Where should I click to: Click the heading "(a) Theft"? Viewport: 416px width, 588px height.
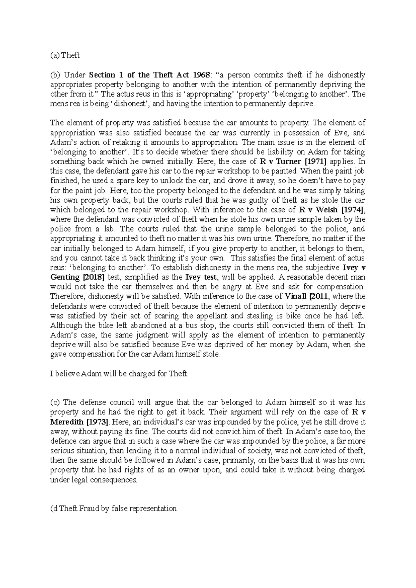click(x=65, y=55)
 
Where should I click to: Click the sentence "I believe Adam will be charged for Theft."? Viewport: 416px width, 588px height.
click(x=120, y=374)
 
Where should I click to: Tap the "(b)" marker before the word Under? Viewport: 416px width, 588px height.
click(x=55, y=75)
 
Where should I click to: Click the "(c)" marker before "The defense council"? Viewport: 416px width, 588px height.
click(x=55, y=403)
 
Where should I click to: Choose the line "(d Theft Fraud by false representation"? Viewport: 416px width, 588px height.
click(x=114, y=509)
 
